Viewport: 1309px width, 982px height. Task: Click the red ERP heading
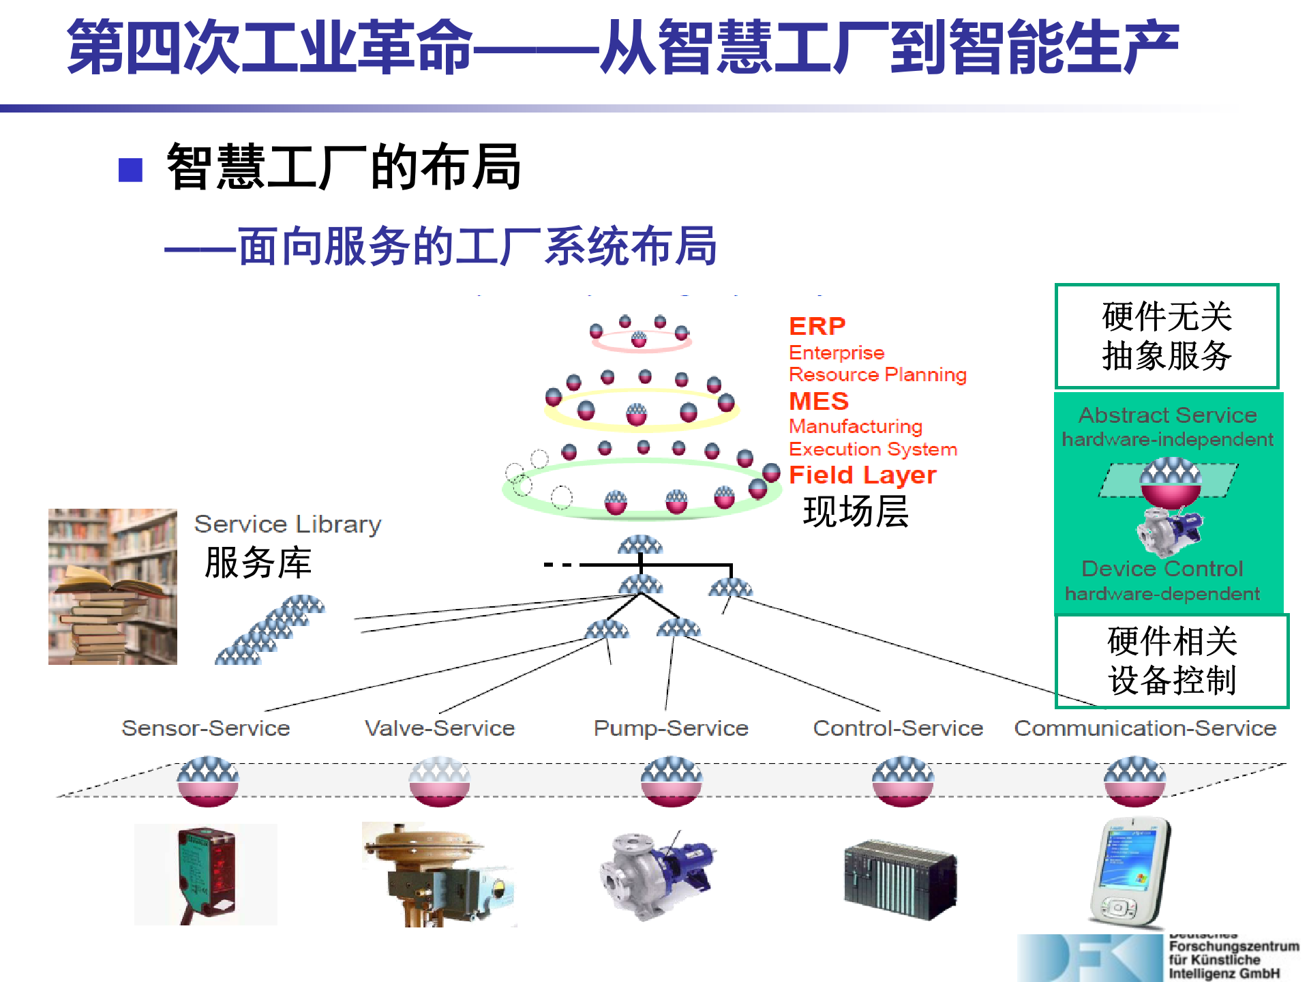pos(817,326)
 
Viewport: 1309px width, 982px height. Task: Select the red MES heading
pos(818,401)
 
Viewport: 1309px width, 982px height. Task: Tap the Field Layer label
pos(862,475)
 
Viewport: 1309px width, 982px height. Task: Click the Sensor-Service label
pos(205,728)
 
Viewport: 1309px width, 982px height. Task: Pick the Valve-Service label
pos(440,728)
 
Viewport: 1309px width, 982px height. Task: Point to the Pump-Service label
pos(671,728)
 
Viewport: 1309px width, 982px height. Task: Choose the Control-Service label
pos(898,728)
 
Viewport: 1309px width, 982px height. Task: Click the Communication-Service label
pos(1145,728)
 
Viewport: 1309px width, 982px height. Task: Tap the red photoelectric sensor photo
pos(205,874)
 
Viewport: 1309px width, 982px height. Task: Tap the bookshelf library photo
pos(112,586)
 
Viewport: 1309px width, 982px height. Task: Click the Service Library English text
pos(287,524)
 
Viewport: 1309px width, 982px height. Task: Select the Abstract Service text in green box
pos(1167,415)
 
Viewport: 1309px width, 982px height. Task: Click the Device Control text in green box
pos(1162,568)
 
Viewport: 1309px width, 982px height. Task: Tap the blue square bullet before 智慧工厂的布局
pos(130,170)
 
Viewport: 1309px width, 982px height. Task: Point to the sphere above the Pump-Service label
pos(671,781)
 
